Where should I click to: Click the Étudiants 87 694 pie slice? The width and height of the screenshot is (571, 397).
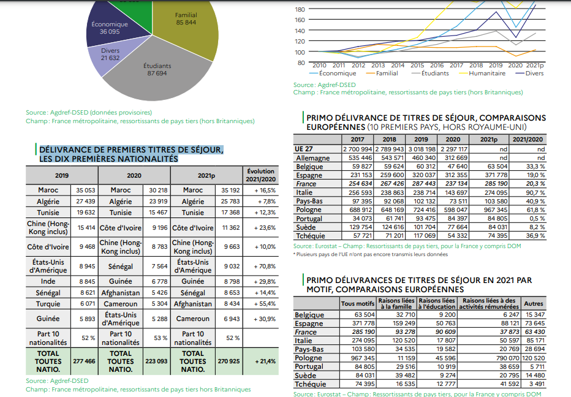[157, 73]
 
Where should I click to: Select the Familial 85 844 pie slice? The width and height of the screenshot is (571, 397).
[186, 26]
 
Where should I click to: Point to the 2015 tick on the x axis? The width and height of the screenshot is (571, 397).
[417, 65]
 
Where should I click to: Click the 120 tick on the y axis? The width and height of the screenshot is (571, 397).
[300, 41]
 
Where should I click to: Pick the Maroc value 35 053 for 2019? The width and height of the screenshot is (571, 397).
[85, 190]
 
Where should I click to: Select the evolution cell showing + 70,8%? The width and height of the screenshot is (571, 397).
[265, 267]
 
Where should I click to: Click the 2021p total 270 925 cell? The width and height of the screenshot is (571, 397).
[229, 361]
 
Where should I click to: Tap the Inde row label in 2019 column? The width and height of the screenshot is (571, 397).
[48, 281]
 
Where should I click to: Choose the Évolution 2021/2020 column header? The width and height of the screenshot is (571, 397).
[261, 175]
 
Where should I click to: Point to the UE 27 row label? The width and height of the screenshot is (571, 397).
[304, 149]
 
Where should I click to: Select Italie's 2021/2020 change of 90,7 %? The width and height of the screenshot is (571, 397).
[535, 192]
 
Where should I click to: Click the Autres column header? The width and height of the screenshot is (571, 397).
[534, 303]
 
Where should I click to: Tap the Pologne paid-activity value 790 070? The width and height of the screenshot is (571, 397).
[508, 358]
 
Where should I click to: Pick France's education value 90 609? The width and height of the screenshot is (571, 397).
[445, 332]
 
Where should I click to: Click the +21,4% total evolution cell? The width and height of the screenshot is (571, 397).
[265, 361]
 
